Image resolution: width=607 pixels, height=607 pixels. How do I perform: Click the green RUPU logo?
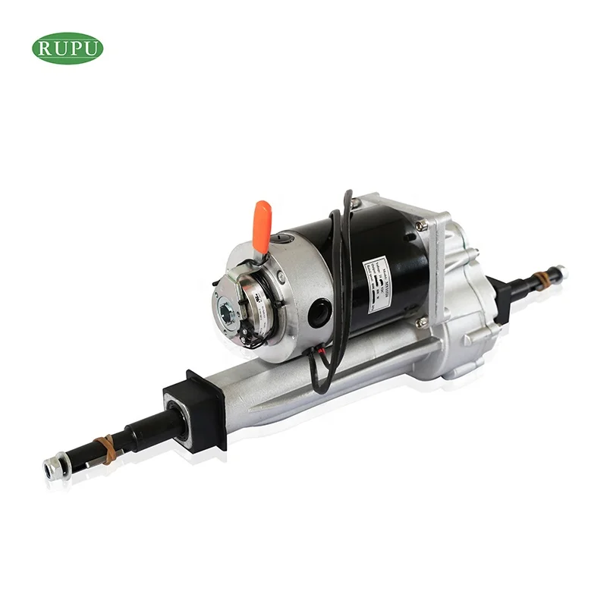pos(68,48)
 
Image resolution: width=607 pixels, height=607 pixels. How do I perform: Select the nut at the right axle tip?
pos(559,270)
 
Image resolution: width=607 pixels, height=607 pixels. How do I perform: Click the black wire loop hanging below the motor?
pos(322,372)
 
